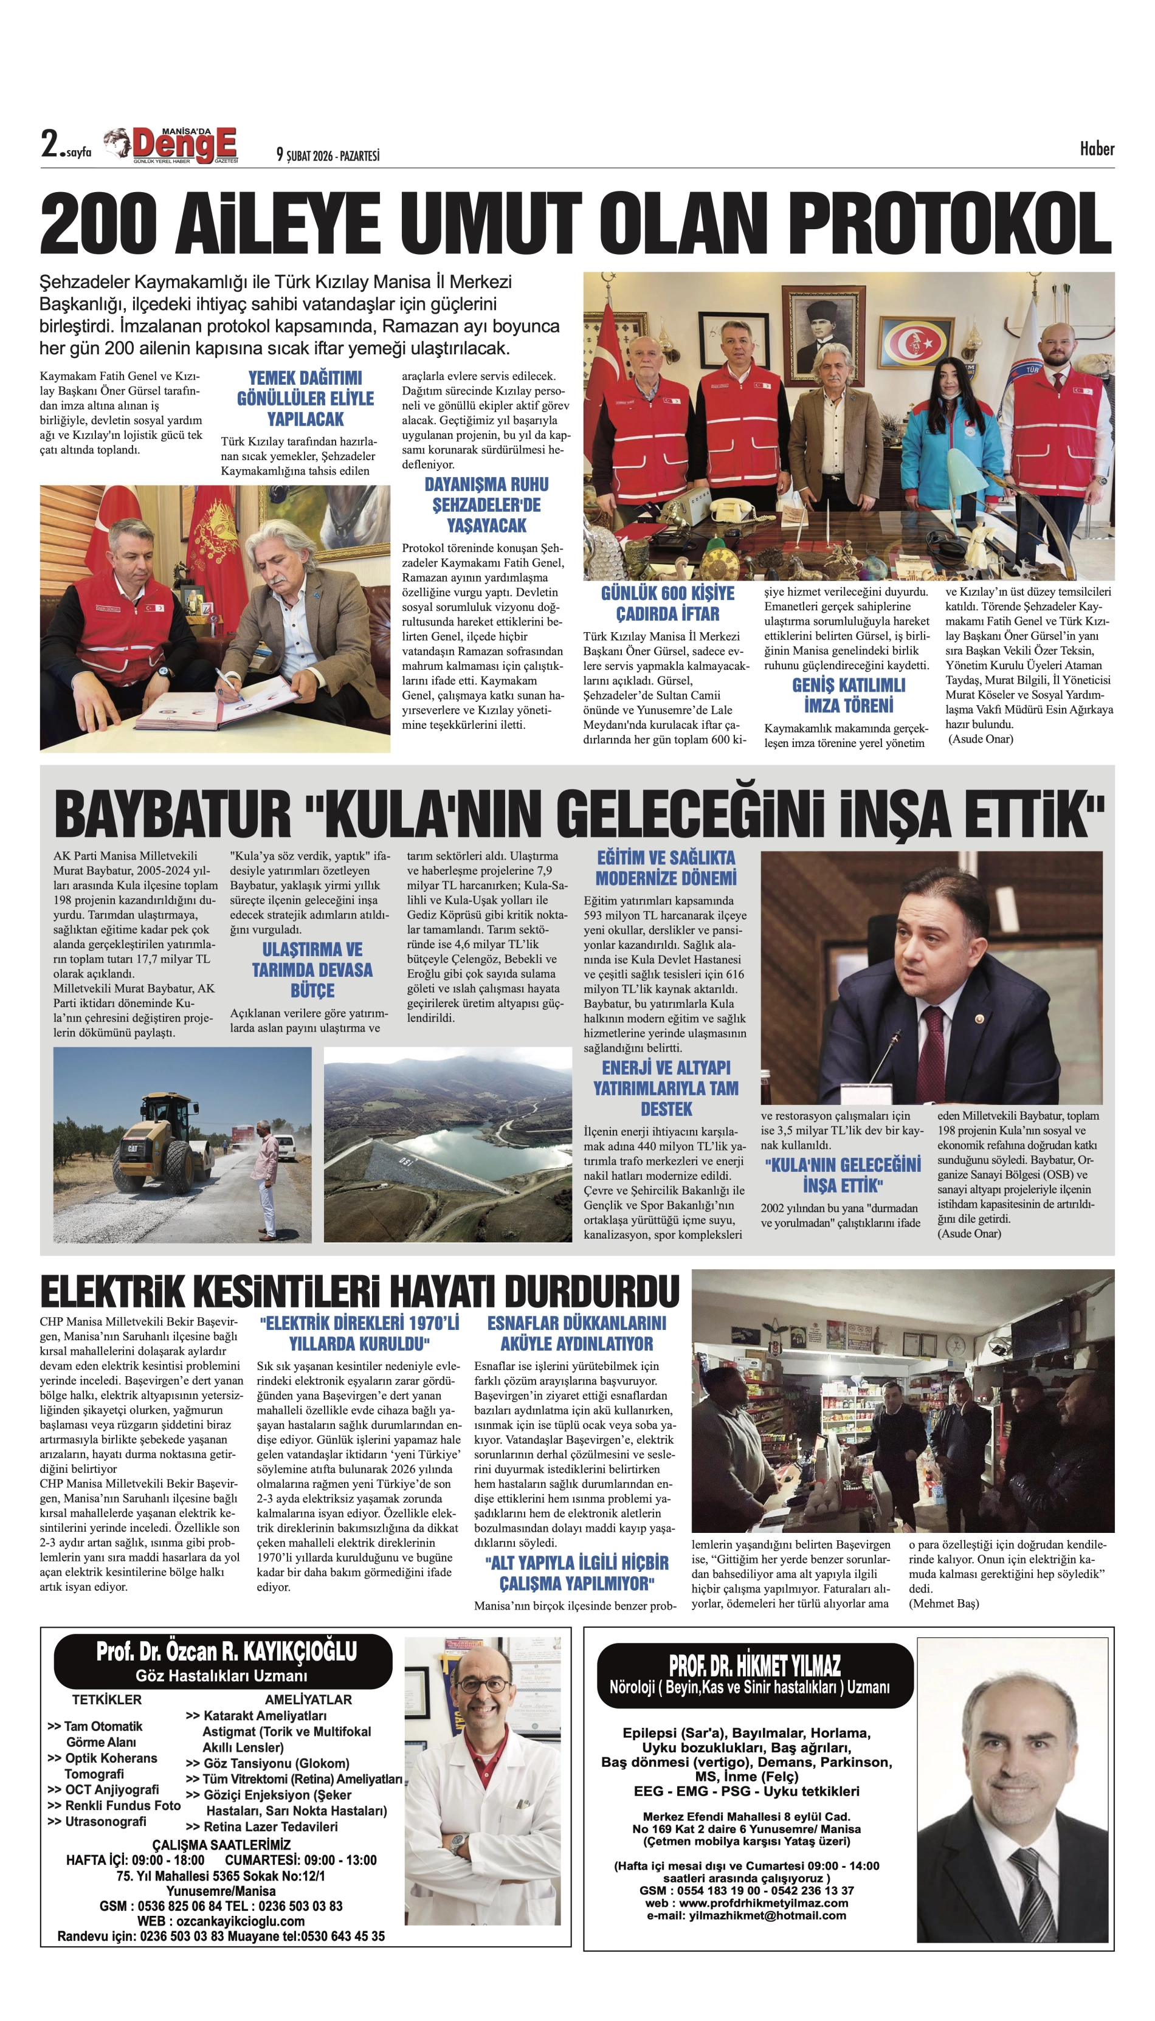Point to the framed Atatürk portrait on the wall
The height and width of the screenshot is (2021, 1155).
pyautogui.click(x=820, y=327)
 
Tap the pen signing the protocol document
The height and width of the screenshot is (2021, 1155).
pyautogui.click(x=226, y=682)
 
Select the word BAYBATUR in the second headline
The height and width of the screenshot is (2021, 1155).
pyautogui.click(x=172, y=814)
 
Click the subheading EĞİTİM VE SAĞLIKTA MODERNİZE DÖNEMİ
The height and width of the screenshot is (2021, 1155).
pyautogui.click(x=666, y=868)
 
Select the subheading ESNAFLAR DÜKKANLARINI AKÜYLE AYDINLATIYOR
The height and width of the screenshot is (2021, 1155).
pyautogui.click(x=577, y=1334)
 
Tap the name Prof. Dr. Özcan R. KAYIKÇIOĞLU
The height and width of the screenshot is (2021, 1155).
pyautogui.click(x=226, y=1651)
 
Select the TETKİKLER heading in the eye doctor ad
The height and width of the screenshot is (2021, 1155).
pyautogui.click(x=107, y=1699)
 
